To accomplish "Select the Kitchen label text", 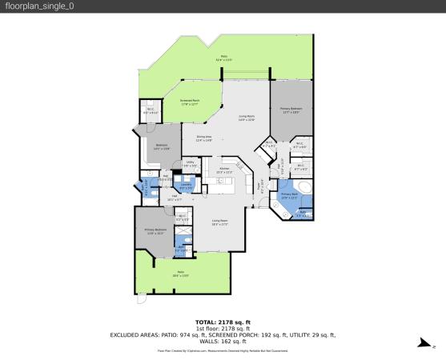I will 225,170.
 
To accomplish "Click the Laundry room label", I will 185,186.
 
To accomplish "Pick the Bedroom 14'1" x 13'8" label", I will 161,146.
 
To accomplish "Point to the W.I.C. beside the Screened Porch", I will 150,112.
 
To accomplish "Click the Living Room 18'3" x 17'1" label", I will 220,222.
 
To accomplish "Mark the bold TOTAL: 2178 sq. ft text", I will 223,321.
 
